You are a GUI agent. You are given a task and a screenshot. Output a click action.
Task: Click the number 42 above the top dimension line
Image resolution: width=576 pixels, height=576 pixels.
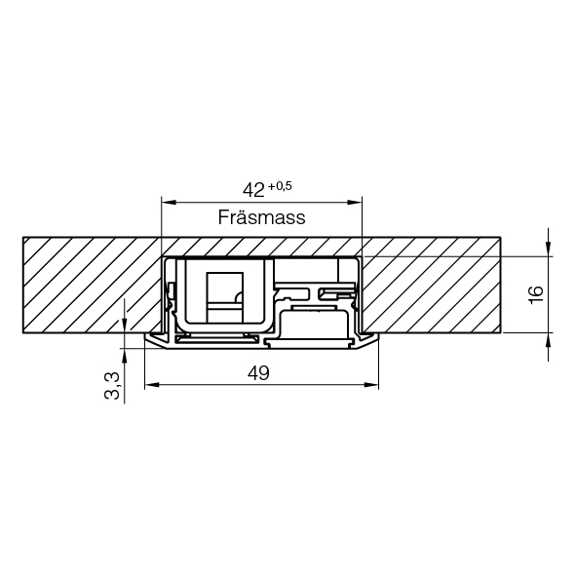[x=253, y=190]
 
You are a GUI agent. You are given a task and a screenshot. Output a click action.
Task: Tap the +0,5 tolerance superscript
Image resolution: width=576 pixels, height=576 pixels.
[x=280, y=186]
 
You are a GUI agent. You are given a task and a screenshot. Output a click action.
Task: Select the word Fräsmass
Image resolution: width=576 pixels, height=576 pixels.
[x=261, y=217]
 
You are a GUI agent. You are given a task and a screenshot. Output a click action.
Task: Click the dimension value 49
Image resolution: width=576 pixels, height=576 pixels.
[x=258, y=373]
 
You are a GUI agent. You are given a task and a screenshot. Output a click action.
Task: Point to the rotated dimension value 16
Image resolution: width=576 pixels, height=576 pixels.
[x=536, y=294]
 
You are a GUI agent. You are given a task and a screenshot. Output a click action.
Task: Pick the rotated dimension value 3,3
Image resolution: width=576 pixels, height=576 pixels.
[x=112, y=385]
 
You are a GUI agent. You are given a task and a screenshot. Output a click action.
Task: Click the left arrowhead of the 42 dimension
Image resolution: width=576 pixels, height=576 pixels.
[x=169, y=202]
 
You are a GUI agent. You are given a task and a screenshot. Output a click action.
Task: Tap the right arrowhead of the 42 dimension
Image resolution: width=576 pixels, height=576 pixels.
[x=355, y=202]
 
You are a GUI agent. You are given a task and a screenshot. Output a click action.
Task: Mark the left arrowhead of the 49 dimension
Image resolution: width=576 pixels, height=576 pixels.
[x=152, y=385]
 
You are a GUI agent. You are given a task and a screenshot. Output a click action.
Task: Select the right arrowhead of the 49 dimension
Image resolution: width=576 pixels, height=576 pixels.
[x=371, y=385]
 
